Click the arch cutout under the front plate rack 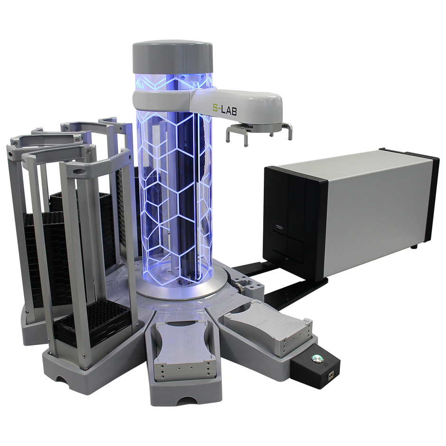(x=62, y=380)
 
